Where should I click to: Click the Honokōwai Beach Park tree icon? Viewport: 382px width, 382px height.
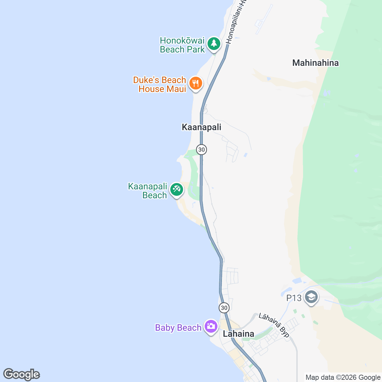(214, 44)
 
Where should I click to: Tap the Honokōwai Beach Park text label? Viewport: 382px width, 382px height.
(182, 45)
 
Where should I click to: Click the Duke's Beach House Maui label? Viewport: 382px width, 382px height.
(160, 84)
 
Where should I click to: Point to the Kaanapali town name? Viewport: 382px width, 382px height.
(201, 127)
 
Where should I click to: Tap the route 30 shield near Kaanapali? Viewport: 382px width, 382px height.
(202, 149)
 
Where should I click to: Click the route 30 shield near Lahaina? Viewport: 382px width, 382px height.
(224, 308)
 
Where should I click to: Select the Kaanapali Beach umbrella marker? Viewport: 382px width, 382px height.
(176, 189)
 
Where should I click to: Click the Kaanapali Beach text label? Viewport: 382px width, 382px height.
(148, 191)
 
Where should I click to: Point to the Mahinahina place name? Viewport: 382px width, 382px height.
(315, 63)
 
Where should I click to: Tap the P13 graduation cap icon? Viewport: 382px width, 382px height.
(311, 297)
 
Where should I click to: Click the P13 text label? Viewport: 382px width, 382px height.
(294, 298)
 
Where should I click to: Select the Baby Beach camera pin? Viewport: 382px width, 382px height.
(210, 326)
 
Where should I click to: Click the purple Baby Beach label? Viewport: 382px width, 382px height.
(178, 328)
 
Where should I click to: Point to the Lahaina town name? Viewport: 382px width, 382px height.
(238, 334)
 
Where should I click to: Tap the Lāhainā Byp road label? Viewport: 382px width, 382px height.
(274, 325)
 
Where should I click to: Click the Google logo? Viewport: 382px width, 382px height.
(22, 374)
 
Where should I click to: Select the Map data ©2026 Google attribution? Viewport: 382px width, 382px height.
(343, 378)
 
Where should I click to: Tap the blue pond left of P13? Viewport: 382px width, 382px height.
(297, 281)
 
